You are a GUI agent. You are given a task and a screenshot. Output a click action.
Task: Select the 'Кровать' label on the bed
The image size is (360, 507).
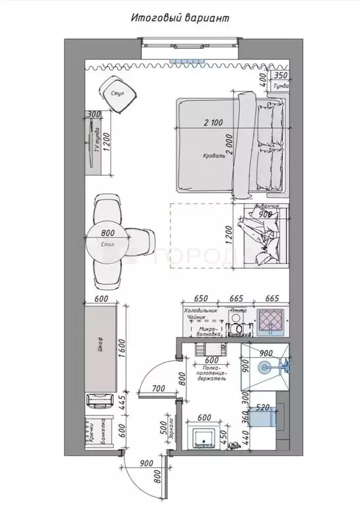pos(215,157)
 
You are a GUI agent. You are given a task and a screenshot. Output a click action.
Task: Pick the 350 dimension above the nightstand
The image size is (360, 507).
pos(281,77)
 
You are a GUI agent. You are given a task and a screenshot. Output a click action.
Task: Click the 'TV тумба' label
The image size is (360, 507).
pos(97,141)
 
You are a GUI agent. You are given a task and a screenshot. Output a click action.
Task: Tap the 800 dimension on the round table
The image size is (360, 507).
pos(108,232)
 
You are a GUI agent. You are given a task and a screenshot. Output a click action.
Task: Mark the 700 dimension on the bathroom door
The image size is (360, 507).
pos(159,389)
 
